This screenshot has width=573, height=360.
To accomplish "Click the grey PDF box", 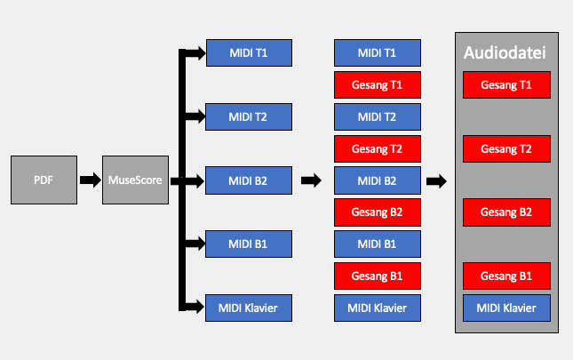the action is [x=44, y=180].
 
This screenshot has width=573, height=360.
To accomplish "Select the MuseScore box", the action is [x=135, y=180].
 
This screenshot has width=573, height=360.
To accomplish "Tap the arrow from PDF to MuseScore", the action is [x=91, y=180].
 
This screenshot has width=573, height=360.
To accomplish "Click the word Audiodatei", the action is [x=505, y=52].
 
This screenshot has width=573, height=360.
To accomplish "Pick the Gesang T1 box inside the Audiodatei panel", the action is [x=506, y=84].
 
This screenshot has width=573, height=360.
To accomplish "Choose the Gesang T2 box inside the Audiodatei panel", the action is [x=506, y=148].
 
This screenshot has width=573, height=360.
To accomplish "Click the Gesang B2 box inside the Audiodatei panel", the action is [x=506, y=212].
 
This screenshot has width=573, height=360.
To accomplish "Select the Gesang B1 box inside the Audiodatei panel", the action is [x=506, y=276].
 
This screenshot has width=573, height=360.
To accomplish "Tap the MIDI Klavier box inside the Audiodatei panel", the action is [x=506, y=308].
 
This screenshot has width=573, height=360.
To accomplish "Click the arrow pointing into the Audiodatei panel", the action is [x=436, y=181].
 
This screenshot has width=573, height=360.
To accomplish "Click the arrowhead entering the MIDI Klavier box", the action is [x=200, y=307].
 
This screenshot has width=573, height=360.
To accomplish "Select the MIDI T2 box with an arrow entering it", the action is [x=249, y=117].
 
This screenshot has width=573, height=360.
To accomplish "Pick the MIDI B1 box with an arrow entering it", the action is [x=249, y=244].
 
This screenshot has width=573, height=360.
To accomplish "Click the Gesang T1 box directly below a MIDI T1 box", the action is [x=378, y=84].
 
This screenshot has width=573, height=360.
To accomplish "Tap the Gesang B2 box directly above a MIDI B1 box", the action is [x=378, y=212].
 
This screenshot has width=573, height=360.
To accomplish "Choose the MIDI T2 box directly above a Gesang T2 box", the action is [x=378, y=117].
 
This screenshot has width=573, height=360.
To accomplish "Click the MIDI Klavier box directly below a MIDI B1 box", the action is [x=378, y=308].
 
